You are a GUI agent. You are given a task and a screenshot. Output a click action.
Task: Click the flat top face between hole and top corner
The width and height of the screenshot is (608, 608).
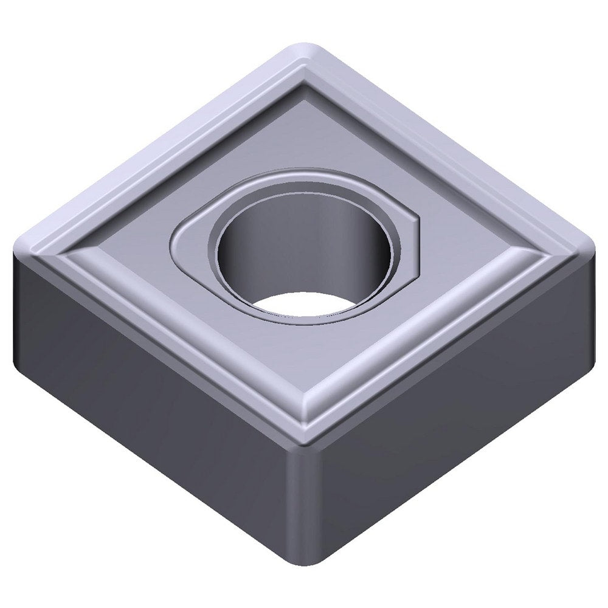304,128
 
